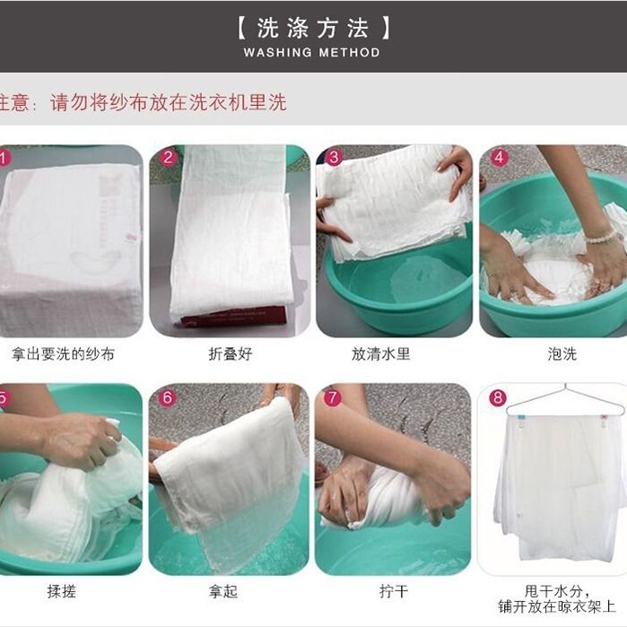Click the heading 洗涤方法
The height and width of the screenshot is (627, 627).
(x=312, y=27)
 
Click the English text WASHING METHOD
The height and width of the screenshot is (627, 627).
(x=312, y=53)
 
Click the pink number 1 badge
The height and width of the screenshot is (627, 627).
(x=4, y=159)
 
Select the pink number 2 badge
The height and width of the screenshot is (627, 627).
(x=168, y=158)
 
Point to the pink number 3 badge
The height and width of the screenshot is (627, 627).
(x=334, y=158)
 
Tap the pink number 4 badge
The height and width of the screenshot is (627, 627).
(x=499, y=158)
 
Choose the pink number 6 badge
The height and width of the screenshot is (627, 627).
(x=168, y=397)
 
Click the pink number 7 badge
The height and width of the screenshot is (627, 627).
(x=334, y=397)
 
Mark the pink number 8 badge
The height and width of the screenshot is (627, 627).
(x=499, y=397)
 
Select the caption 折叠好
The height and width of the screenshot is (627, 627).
(x=231, y=353)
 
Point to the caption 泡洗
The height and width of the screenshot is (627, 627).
(x=562, y=353)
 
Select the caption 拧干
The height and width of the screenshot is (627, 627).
(x=395, y=591)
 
